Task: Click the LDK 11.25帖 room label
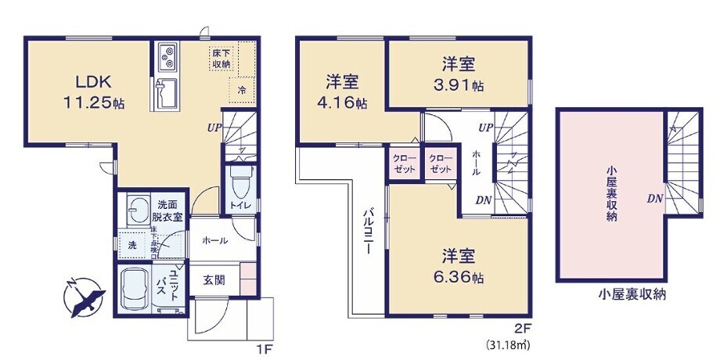coord(92,92)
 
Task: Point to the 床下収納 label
coord(221,59)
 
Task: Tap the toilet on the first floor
coord(239,182)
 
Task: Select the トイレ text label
coord(239,206)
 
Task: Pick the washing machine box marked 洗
coord(131,245)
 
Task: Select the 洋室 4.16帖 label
coord(343,91)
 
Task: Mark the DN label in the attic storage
coord(654,199)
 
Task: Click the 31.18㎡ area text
coord(513,344)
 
